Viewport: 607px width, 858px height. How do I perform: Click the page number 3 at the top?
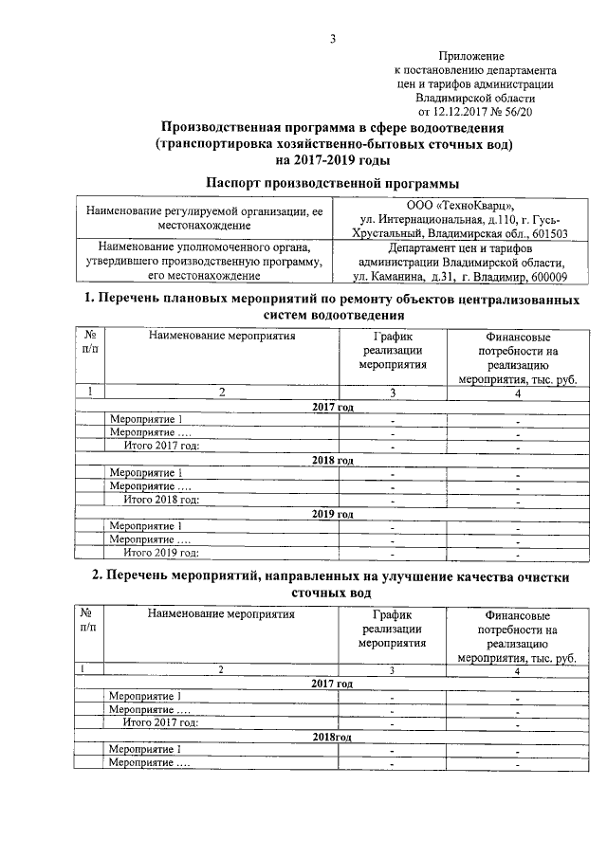(333, 39)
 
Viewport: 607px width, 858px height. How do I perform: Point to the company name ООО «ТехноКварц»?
(460, 205)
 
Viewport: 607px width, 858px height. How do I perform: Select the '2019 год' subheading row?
(333, 514)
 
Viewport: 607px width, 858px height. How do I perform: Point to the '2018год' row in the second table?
(333, 736)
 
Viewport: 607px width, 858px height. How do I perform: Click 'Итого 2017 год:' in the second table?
(161, 722)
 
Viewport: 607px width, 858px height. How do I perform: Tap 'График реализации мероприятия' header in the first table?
(393, 350)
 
